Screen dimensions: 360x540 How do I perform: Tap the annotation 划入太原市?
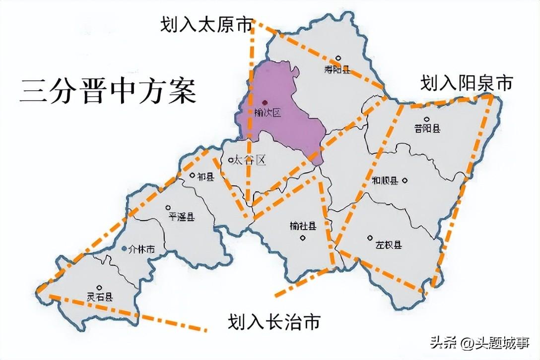pos(206,25)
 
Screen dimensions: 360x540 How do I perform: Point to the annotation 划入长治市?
pos(273,322)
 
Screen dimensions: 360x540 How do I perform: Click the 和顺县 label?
pos(385,181)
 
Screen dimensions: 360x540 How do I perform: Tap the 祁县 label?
pos(205,177)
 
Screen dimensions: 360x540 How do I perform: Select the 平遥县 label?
pos(181,216)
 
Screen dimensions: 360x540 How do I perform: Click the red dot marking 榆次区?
pos(265,102)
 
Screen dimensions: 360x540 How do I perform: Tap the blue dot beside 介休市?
pos(124,248)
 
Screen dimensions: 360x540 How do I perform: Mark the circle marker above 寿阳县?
pos(338,58)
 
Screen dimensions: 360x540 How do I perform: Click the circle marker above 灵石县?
pos(100,287)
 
